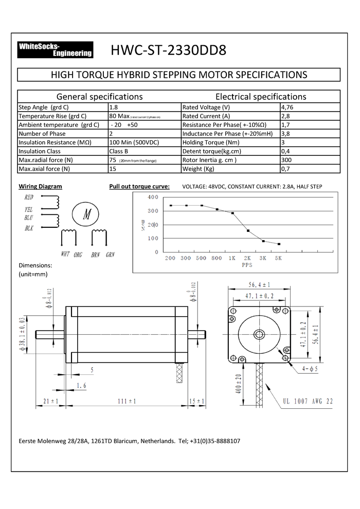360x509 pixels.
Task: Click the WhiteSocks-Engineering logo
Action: pos(55,49)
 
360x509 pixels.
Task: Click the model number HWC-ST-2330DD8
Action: pos(168,50)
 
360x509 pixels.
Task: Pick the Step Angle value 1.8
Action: pos(114,107)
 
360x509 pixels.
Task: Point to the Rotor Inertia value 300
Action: pos(287,160)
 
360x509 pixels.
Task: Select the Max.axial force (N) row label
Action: pos(44,169)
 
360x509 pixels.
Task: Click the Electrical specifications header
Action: pos(260,97)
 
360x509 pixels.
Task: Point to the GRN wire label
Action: pos(110,254)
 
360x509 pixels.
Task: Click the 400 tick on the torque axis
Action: pos(153,197)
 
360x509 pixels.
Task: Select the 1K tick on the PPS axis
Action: pos(232,258)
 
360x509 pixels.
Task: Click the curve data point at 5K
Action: pos(279,244)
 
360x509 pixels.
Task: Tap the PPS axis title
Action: pos(247,266)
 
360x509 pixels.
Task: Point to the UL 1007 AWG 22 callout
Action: pos(308,401)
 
